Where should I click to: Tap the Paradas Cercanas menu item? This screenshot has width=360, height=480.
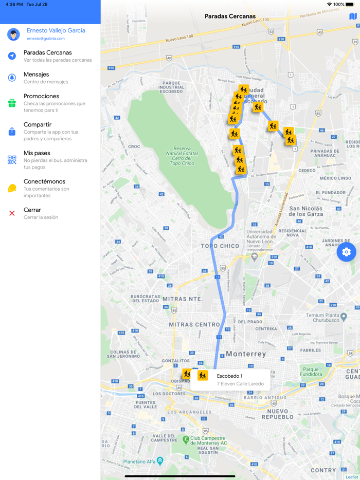[x=47, y=53]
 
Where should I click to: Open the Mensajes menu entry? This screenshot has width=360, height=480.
[x=36, y=75]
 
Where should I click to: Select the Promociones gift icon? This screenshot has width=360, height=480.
[x=12, y=103]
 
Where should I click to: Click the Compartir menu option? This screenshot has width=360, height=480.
[x=38, y=125]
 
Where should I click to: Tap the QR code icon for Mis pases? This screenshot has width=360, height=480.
[x=12, y=160]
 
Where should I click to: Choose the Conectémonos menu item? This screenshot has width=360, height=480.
[x=44, y=182]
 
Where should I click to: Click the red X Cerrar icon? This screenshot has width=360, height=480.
[x=12, y=213]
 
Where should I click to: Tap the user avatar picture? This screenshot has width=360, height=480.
[x=13, y=34]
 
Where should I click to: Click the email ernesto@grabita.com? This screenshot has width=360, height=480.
[x=46, y=39]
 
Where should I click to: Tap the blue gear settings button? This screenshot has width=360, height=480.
[x=346, y=252]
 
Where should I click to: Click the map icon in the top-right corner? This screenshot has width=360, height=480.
[x=353, y=16]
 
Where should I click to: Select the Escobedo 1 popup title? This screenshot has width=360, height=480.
[x=229, y=376]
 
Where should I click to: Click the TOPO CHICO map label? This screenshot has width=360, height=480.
[x=220, y=246]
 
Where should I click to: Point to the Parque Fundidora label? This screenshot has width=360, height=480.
[x=311, y=372]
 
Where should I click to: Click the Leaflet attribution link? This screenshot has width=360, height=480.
[x=352, y=477]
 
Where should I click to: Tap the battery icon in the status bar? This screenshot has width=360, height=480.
[x=350, y=4]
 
